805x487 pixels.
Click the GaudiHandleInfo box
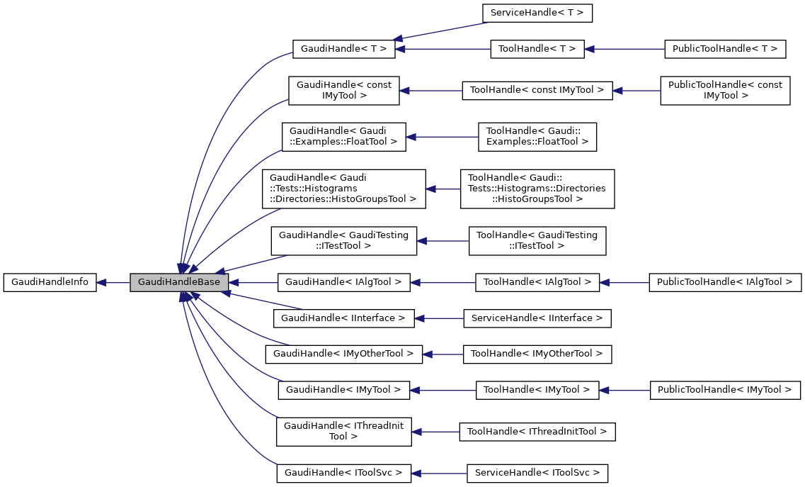tap(50, 282)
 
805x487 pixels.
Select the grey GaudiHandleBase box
tap(179, 282)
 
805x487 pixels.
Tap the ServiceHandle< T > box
tap(537, 13)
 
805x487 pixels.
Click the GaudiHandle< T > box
tap(343, 49)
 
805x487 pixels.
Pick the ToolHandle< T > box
tap(537, 49)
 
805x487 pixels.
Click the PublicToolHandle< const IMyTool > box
tap(725, 90)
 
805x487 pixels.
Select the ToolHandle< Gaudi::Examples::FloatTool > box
tap(537, 136)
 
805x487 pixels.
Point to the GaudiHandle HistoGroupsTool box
tap(343, 189)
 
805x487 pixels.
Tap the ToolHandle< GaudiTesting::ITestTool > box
tap(537, 240)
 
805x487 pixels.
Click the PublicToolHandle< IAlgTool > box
tap(725, 282)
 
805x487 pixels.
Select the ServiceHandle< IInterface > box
tap(537, 318)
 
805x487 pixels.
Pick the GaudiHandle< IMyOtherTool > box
tap(343, 353)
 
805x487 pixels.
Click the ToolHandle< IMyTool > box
tap(537, 389)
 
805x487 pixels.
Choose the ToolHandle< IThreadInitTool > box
tap(537, 431)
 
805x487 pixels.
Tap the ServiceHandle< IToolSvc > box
tap(537, 472)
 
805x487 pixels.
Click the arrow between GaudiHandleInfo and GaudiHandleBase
tap(113, 282)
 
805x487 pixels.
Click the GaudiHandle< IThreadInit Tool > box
tap(343, 431)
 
